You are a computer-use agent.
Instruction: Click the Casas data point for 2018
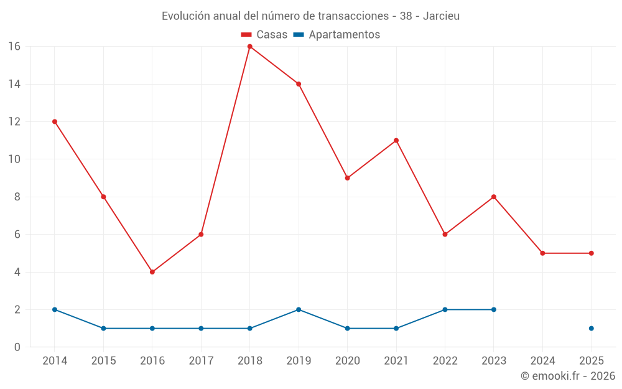249,47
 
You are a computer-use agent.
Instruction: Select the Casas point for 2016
152,272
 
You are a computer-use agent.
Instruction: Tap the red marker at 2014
55,121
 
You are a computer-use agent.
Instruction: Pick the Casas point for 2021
396,141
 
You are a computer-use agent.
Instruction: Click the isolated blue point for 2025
591,328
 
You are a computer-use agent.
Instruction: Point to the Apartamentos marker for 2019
299,309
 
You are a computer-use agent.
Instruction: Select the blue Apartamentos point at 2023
494,309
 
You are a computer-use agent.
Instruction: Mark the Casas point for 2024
542,253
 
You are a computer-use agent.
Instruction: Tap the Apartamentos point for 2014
55,309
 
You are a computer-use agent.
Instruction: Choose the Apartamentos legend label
344,35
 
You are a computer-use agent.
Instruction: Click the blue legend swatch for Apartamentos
299,35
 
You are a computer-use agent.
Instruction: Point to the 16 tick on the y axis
14,47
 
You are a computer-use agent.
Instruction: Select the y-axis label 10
14,159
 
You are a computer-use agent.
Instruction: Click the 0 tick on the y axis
17,347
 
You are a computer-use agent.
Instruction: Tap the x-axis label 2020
347,361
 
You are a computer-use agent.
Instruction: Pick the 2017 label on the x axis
201,361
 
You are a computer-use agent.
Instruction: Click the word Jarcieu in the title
441,16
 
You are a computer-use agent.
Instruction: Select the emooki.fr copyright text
567,376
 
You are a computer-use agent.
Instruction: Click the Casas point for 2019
299,84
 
